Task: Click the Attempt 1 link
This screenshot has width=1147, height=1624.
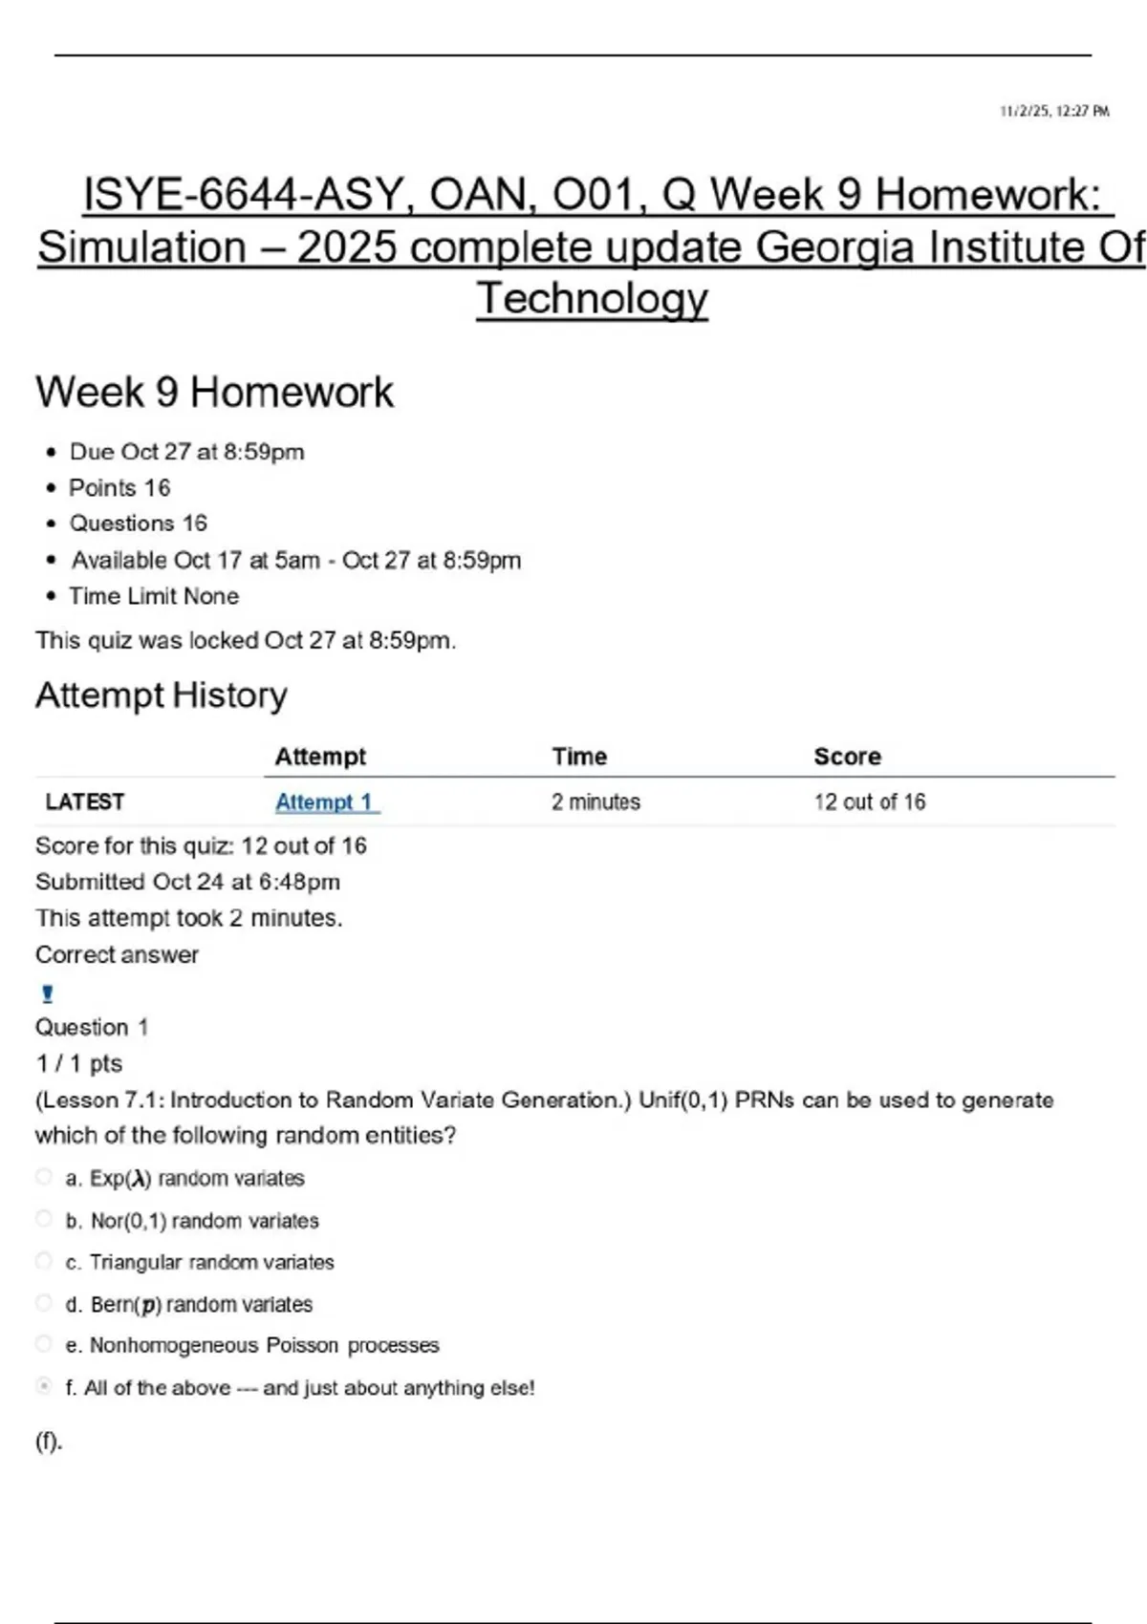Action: tap(325, 802)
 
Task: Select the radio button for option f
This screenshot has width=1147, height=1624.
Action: tap(44, 1386)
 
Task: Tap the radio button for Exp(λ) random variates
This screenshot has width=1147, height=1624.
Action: tap(44, 1177)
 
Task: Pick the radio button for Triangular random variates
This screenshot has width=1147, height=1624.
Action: tap(44, 1261)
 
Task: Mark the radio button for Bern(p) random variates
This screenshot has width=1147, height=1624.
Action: tap(44, 1303)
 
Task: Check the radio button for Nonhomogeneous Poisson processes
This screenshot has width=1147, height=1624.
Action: tap(44, 1344)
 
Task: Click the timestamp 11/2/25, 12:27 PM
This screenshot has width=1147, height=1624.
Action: tap(1054, 112)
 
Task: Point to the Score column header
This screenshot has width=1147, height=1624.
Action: tap(847, 757)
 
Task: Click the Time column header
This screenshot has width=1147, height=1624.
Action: tap(579, 757)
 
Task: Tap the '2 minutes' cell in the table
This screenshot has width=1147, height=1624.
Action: tap(595, 802)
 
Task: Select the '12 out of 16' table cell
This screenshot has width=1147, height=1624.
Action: tap(870, 802)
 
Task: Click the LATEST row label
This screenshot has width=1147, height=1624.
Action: tap(85, 802)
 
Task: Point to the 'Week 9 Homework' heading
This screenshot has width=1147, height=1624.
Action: tap(214, 393)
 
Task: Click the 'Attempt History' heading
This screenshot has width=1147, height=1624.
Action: tap(161, 695)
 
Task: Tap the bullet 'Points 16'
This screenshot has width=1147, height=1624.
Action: tap(119, 488)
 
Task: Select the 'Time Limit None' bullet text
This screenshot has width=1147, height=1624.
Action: tap(154, 596)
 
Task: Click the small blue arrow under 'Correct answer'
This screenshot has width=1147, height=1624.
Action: tap(48, 994)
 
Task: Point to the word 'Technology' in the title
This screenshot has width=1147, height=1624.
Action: tap(593, 299)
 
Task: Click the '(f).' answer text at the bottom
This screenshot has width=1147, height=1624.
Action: tap(49, 1442)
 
